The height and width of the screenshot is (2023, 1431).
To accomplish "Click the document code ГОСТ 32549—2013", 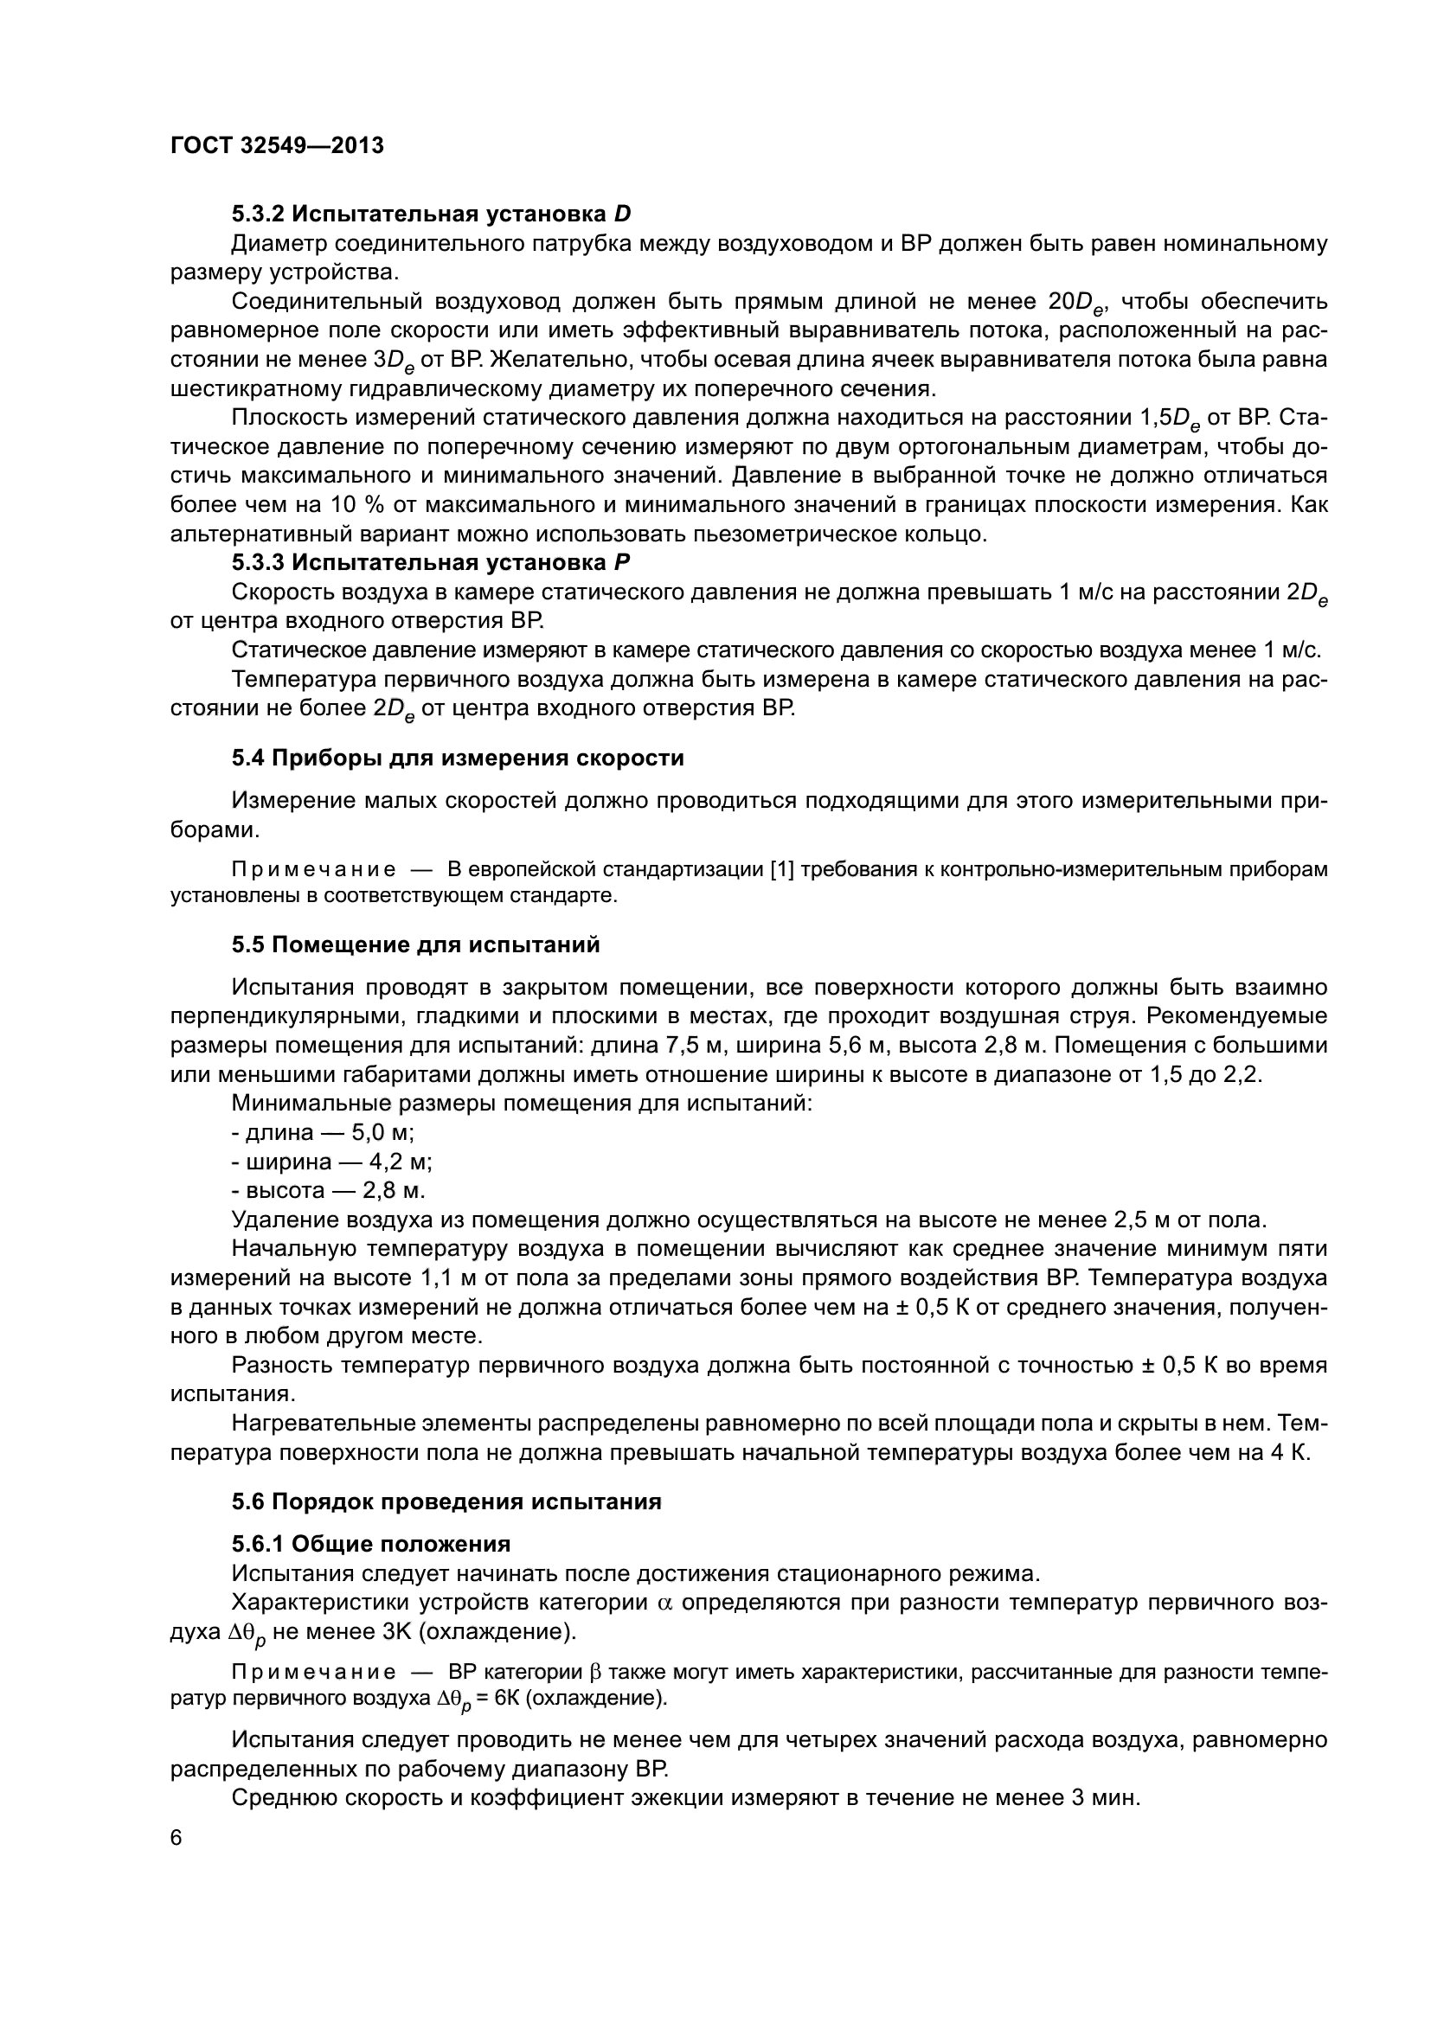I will click(x=277, y=145).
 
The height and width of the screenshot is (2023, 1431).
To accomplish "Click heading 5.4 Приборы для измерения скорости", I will click(x=458, y=758).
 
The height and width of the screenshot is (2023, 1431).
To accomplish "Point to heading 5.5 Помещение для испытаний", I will click(x=416, y=944).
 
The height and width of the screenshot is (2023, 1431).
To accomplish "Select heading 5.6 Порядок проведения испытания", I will click(x=446, y=1501).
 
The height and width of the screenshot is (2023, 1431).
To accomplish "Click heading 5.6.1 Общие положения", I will click(x=371, y=1544).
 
